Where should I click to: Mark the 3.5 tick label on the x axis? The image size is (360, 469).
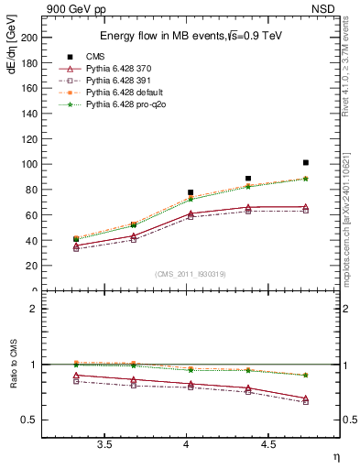104,444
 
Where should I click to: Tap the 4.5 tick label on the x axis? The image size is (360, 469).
267,444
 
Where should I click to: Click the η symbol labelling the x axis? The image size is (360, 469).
335,457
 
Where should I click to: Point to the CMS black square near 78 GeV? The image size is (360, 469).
191,192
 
